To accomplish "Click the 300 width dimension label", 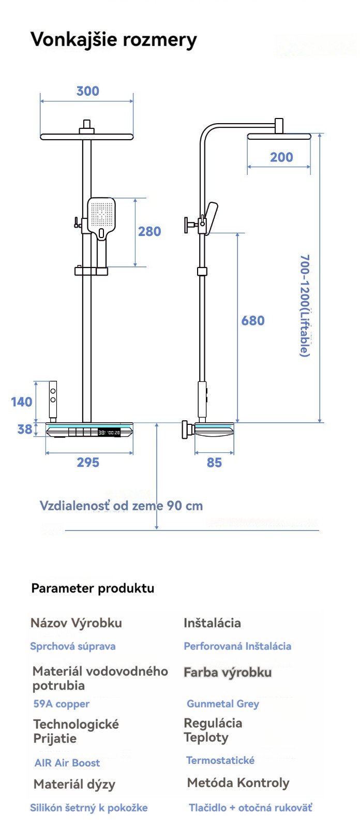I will click(87, 91).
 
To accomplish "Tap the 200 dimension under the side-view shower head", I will click(281, 157).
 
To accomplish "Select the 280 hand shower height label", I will click(149, 231).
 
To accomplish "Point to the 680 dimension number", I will click(253, 321).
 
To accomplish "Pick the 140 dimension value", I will click(22, 402).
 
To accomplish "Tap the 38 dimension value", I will click(25, 429).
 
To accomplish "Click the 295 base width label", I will click(88, 463).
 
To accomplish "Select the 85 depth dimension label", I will click(214, 463).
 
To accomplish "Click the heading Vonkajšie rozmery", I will click(114, 39).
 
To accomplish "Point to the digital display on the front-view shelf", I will click(109, 432).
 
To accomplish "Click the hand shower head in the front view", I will click(101, 215).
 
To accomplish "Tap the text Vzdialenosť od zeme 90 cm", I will click(121, 506).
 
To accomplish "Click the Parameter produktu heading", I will click(93, 588).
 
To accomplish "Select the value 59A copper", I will click(61, 704).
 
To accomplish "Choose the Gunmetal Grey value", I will click(222, 704).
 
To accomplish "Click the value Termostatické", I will click(220, 760).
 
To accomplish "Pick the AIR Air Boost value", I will click(67, 763).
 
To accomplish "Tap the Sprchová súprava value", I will click(72, 646).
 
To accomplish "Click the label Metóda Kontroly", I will click(238, 783).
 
